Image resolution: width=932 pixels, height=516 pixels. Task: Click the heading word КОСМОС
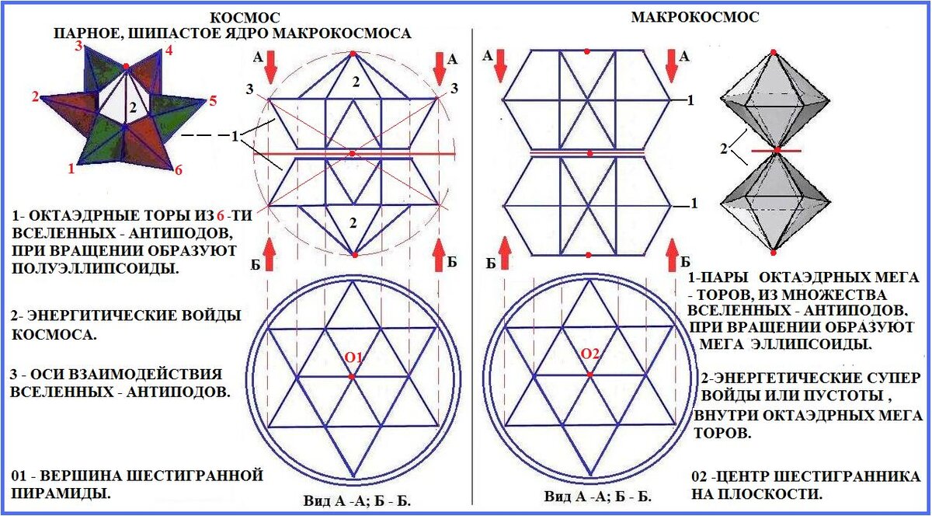[x=245, y=18]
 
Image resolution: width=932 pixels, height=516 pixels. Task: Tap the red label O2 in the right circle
[x=591, y=354]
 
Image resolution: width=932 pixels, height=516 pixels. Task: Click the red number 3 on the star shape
[x=78, y=46]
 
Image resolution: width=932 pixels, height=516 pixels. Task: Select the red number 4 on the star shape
[x=169, y=52]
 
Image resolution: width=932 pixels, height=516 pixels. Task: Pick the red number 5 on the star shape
[x=213, y=100]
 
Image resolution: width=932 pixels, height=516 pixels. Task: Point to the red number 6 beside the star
[x=178, y=170]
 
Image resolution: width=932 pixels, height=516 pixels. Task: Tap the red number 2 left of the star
[x=35, y=97]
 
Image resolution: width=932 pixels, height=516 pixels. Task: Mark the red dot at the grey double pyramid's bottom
[x=773, y=252]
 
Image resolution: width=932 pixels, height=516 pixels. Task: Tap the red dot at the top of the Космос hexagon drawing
[x=353, y=54]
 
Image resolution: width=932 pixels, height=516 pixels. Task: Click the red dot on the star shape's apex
[x=126, y=67]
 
